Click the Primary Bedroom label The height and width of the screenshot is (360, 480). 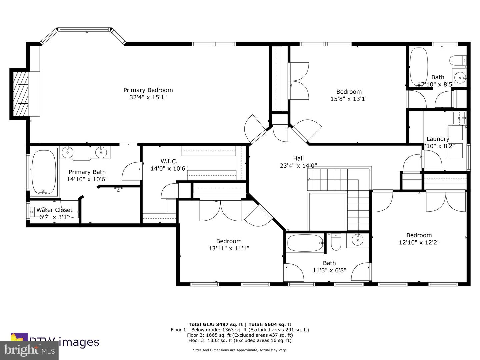(x=148, y=90)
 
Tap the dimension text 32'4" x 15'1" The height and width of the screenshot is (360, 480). (x=148, y=97)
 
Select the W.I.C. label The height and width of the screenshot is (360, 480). (x=169, y=161)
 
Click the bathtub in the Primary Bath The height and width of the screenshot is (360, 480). (x=44, y=172)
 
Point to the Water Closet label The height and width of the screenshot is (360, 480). (x=54, y=210)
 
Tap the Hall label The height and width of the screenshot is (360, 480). (x=298, y=158)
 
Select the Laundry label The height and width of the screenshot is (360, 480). (x=438, y=139)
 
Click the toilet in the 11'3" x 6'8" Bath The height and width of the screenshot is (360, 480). (x=336, y=242)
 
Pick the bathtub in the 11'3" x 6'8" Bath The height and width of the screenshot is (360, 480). (x=305, y=243)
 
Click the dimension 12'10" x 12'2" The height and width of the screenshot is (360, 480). (x=419, y=243)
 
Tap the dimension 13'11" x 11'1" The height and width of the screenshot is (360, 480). (x=229, y=248)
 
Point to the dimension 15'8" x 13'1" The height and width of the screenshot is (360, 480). (x=349, y=99)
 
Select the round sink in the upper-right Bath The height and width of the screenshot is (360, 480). (x=460, y=78)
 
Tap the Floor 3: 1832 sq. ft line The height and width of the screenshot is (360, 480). (x=240, y=340)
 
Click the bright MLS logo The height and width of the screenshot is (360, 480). (x=29, y=350)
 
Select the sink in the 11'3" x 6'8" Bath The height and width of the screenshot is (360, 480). (x=358, y=239)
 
